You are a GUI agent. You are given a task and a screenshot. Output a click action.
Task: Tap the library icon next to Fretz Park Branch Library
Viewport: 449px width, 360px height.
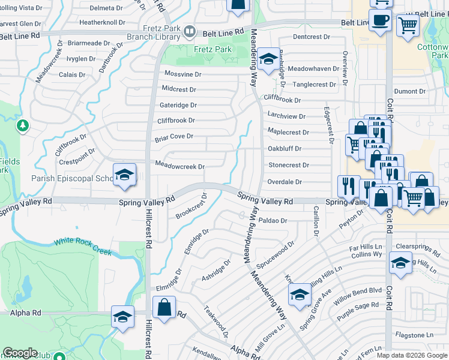tap(190, 30)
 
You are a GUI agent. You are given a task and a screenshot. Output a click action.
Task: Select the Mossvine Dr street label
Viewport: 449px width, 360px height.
tap(182, 74)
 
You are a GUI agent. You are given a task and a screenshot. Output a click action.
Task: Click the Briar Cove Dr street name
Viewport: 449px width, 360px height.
tap(173, 136)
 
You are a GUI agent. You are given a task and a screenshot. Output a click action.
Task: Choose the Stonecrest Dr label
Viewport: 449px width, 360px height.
tap(288, 165)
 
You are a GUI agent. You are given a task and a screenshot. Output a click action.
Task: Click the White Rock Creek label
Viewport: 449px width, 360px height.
tap(83, 245)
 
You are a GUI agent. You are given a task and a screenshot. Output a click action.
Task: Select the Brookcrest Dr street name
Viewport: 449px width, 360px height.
tap(191, 206)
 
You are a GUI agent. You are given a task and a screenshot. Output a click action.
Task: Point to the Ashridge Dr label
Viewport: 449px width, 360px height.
tap(216, 271)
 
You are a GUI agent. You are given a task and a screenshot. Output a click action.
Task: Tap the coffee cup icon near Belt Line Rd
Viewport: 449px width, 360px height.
tap(380, 21)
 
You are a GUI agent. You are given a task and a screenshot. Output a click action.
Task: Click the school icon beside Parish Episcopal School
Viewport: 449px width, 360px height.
tap(124, 175)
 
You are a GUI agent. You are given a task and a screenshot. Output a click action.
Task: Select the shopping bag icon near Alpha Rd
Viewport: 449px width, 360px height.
tap(164, 308)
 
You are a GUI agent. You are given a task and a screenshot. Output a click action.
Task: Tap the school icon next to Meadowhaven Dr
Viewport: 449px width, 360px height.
tap(268, 59)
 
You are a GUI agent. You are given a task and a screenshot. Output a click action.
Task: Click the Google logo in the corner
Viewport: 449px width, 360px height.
tap(20, 353)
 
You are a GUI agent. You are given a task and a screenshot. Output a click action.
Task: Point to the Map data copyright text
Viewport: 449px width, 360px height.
tap(412, 355)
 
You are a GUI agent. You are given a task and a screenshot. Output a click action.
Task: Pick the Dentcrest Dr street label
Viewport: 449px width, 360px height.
tap(312, 37)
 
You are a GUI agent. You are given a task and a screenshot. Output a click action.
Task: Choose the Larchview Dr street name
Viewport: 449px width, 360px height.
tap(286, 116)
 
